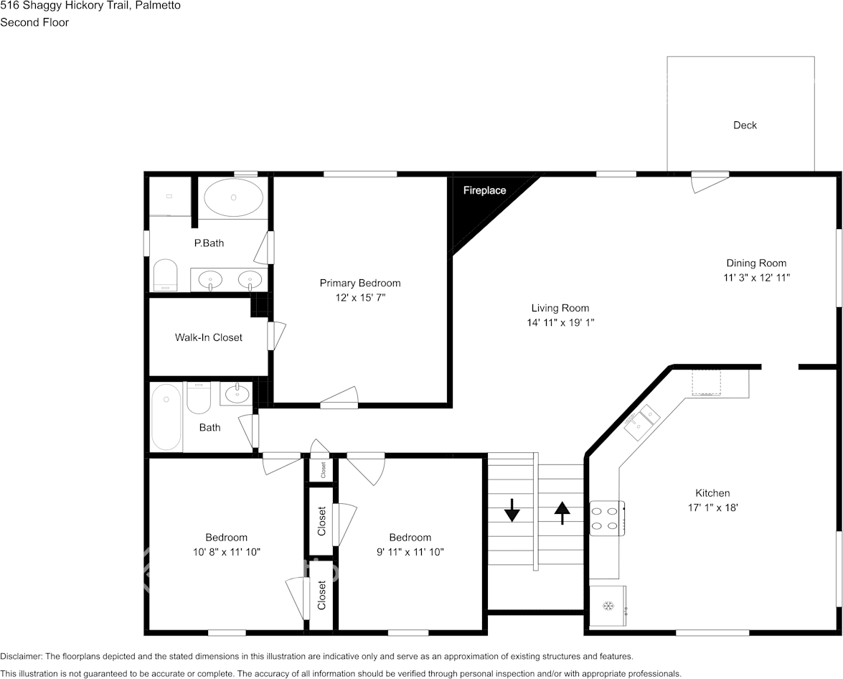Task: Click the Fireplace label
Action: pos(484,190)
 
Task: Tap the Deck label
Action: pos(745,126)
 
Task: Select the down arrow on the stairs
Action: pos(512,510)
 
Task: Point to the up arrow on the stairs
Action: pos(562,512)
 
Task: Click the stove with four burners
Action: pos(608,518)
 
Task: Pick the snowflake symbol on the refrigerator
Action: pos(608,607)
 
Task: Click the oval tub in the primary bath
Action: pos(233,197)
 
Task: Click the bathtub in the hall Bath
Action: pos(166,417)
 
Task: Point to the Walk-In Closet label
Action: pos(209,337)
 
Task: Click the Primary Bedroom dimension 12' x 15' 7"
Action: pos(360,298)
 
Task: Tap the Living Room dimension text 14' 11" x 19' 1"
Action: pos(560,323)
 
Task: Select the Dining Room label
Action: pos(756,263)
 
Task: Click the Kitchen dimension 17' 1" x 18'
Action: pos(713,507)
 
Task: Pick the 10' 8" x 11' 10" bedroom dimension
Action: pos(226,552)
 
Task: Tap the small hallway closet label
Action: pos(323,470)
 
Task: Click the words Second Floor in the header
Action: pos(34,22)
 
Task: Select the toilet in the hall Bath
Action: pos(199,398)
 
